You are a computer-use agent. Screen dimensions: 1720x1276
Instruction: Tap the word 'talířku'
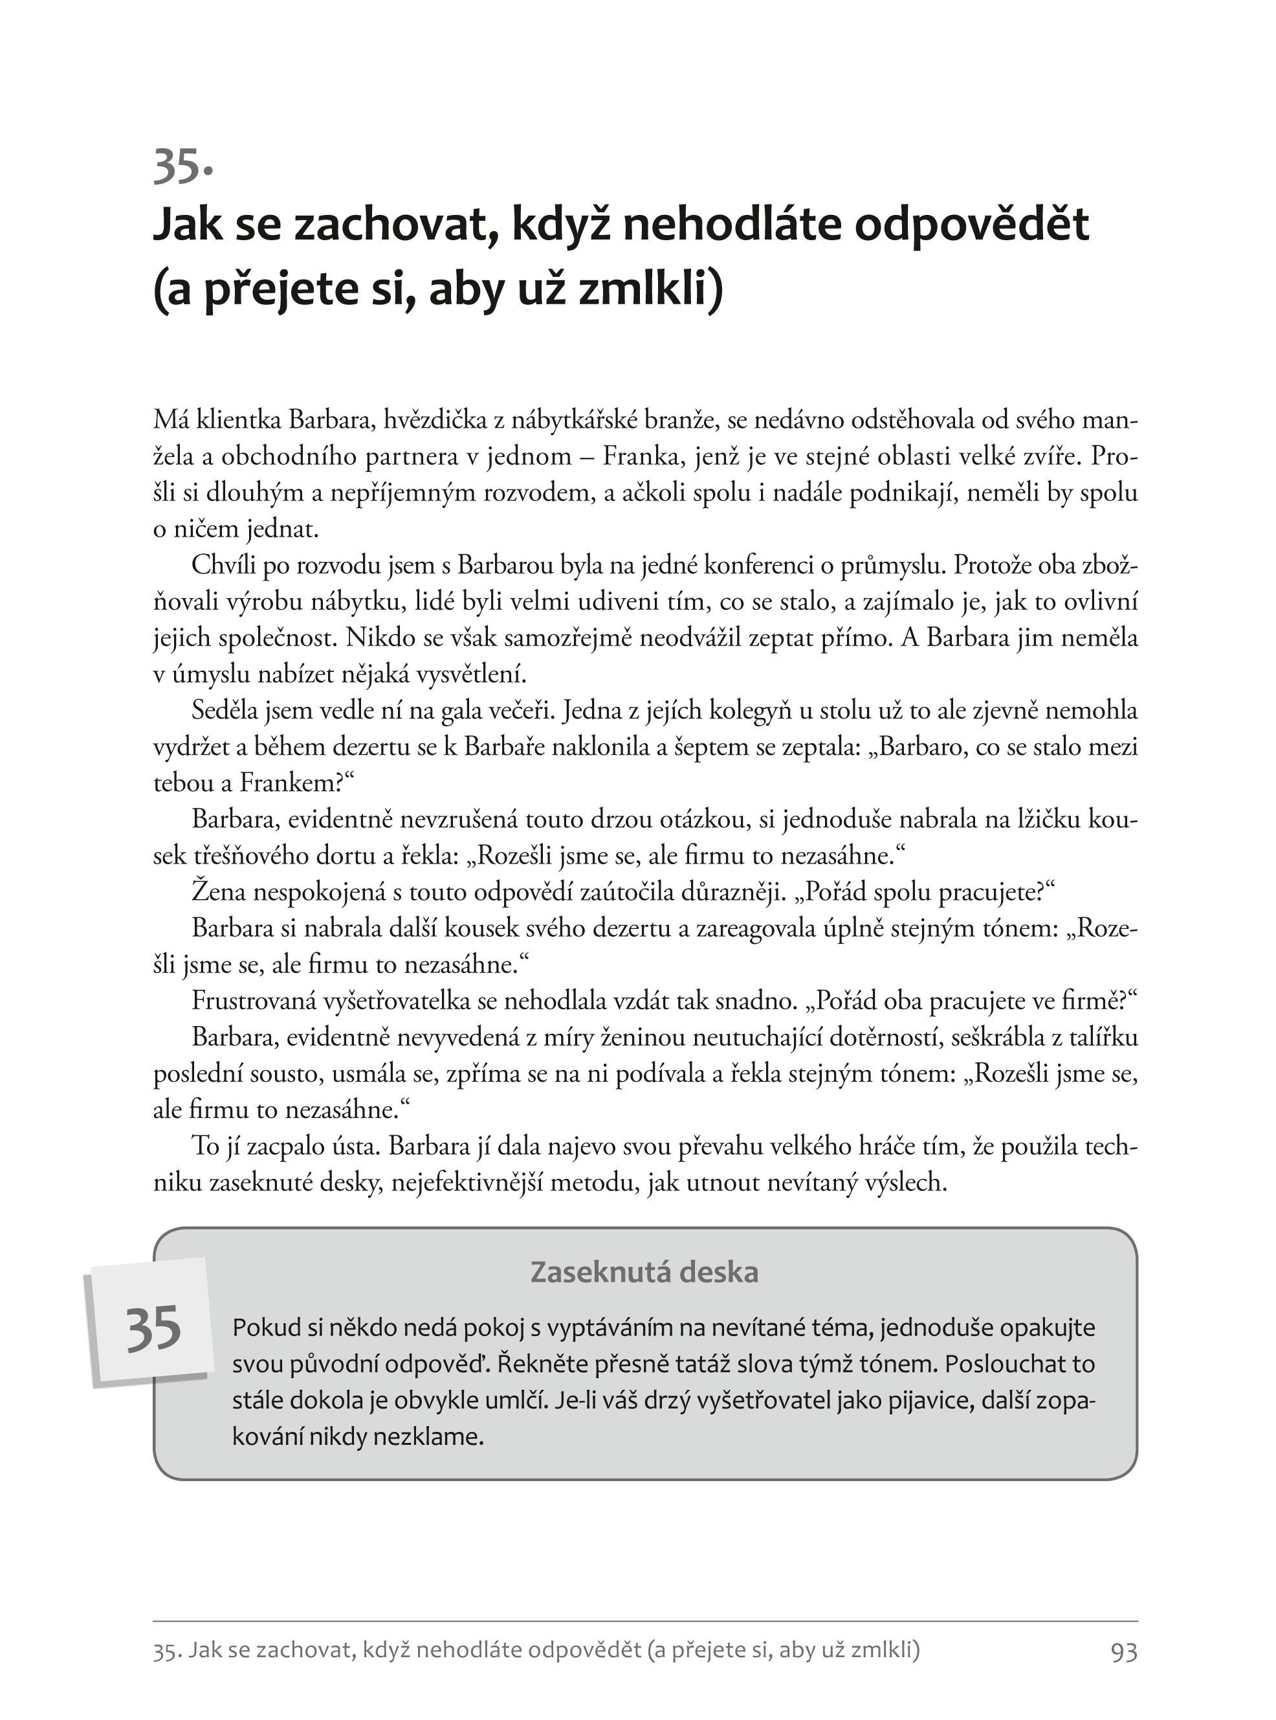pos(1097,1038)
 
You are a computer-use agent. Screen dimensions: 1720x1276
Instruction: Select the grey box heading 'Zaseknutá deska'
pos(644,1272)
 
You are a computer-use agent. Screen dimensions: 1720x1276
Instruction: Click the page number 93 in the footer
pos(1124,1651)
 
